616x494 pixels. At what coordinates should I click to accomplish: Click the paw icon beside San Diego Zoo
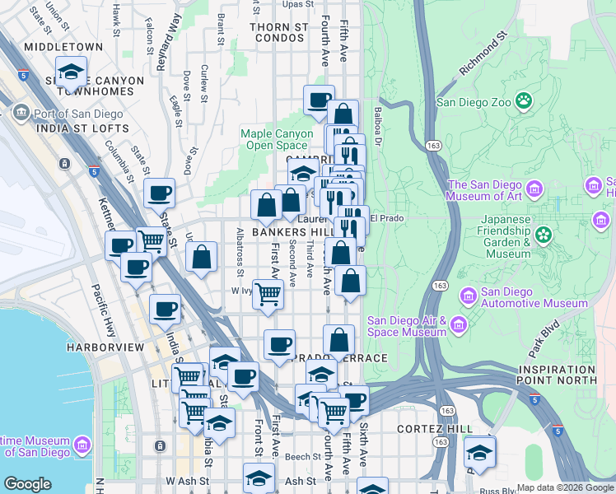coord(523,101)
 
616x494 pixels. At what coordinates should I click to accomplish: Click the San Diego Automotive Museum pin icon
coord(468,295)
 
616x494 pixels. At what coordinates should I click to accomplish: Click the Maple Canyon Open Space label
coord(277,140)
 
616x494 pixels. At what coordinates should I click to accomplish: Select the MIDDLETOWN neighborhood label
coord(63,47)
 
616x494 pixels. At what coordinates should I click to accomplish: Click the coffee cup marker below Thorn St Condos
coord(319,100)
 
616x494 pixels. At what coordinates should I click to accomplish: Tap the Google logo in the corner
coord(27,483)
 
